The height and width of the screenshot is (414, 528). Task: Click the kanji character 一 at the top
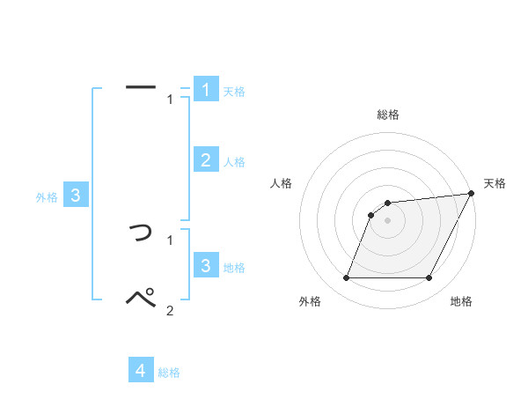(x=141, y=87)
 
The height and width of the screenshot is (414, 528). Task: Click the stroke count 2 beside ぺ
(x=170, y=310)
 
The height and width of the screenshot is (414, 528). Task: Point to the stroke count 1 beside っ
(x=170, y=239)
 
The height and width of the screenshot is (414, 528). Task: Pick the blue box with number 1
(x=206, y=90)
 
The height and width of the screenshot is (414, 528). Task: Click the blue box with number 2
(x=206, y=159)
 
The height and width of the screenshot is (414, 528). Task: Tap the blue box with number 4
(x=141, y=371)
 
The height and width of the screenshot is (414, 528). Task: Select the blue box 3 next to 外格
(x=76, y=196)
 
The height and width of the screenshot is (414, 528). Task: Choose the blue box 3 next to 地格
(x=206, y=265)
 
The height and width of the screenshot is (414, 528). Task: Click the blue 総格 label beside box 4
(x=169, y=373)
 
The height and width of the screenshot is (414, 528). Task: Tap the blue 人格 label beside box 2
(x=234, y=162)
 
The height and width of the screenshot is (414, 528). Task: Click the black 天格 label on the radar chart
(x=495, y=183)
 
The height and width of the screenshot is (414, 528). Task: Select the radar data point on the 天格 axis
(x=471, y=194)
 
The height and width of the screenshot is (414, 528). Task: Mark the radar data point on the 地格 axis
(x=429, y=278)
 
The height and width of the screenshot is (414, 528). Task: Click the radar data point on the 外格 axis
(x=347, y=278)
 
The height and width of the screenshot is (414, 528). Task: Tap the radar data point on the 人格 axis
(x=371, y=215)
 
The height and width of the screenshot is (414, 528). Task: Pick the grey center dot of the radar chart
(x=388, y=220)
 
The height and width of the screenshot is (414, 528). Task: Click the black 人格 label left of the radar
(x=282, y=183)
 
